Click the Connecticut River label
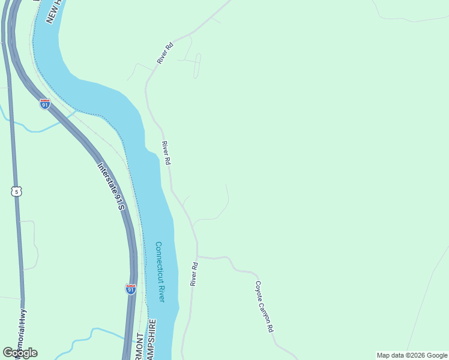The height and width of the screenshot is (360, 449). pos(160,272)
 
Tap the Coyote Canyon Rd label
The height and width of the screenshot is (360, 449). pos(264,307)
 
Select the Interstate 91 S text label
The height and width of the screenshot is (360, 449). pos(110,187)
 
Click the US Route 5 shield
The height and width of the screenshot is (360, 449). pos(16,191)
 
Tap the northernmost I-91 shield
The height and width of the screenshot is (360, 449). pos(45,104)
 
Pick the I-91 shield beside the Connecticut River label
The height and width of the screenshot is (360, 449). pos(131,289)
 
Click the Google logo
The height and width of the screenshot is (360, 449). pos(20,353)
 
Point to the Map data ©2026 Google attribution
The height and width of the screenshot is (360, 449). pos(412,355)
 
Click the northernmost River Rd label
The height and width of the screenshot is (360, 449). pos(164,53)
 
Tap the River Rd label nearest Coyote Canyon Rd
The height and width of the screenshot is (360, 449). pos(194,274)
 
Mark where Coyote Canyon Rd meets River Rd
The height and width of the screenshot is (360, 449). pos(197,257)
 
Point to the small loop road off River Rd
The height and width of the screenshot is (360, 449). pos(197,66)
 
